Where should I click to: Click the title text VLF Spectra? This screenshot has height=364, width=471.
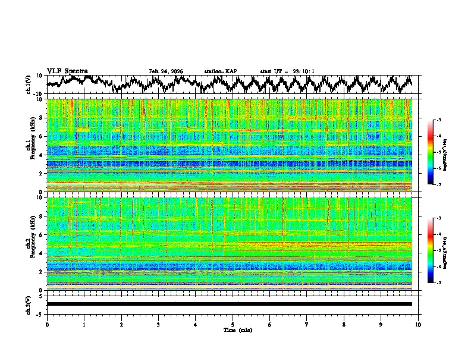coord(67,71)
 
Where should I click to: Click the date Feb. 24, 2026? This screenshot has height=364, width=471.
coord(166,71)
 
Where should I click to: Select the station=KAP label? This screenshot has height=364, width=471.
coord(221,71)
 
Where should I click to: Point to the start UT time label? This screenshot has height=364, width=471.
coord(287,71)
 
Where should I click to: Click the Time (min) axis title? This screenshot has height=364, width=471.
coord(233,330)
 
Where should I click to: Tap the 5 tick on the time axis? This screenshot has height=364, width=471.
coord(233,324)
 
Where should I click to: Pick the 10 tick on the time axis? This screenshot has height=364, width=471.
coord(419,324)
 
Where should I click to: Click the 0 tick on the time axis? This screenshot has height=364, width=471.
coord(47,324)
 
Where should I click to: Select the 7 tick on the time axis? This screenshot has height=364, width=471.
coord(307,324)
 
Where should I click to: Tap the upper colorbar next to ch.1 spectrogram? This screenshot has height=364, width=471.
coord(431,152)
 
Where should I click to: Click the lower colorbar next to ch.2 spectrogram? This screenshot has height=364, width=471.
coord(431,250)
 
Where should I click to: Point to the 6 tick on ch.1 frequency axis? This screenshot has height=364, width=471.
coord(42,136)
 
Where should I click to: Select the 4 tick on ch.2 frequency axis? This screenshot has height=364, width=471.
coord(42,253)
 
